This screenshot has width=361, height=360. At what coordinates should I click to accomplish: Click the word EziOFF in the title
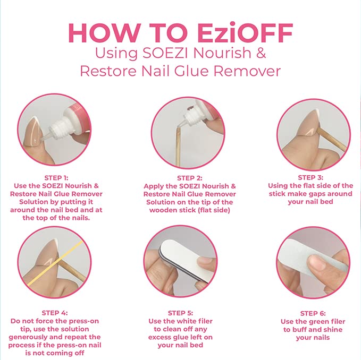(245, 32)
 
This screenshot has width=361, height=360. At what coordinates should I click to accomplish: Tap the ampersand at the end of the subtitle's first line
(261, 53)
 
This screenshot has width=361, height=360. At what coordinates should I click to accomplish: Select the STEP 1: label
(56, 178)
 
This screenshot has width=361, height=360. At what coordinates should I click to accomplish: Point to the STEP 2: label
(189, 178)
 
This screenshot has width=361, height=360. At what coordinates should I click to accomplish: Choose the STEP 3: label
(310, 177)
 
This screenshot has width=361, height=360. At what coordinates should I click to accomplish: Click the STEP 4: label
(55, 313)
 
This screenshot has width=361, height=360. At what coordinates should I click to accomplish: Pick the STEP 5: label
(180, 313)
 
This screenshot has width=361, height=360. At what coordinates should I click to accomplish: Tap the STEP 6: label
(313, 313)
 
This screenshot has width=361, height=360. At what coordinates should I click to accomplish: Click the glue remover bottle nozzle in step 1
(46, 138)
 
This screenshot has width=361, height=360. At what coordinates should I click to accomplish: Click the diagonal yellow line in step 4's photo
(55, 263)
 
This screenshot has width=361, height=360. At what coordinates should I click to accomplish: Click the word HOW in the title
(104, 32)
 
